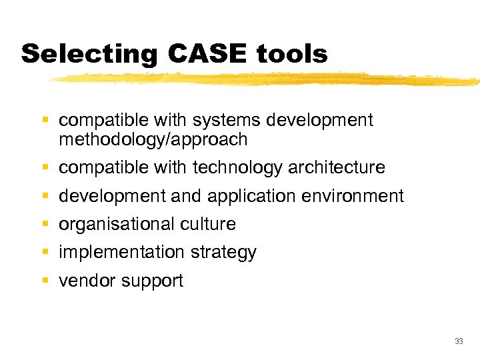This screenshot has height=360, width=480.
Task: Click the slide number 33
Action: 458,341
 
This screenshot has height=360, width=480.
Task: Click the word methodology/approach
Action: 153,139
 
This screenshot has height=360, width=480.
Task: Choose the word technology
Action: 237,167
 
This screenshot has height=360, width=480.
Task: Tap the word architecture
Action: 337,167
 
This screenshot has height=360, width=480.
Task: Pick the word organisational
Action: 115,224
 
